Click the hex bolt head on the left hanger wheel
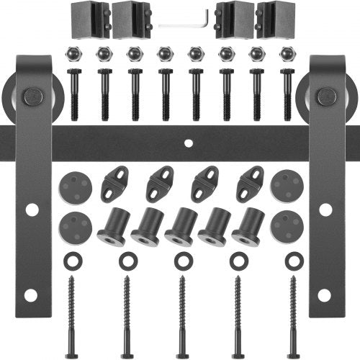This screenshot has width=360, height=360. click(x=32, y=95)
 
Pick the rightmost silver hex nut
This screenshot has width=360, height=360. click(x=287, y=54)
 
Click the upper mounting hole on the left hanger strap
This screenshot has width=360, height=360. click(x=32, y=210)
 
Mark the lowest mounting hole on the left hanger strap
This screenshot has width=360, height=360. click(x=30, y=295)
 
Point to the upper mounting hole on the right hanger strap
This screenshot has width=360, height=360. click(x=325, y=210)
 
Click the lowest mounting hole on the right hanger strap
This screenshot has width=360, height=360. click(x=326, y=295)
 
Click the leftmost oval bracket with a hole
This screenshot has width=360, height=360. click(x=115, y=182)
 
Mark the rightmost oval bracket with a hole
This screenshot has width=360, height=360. click(x=249, y=182)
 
